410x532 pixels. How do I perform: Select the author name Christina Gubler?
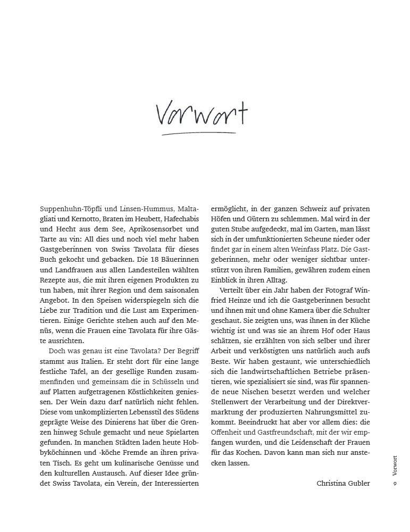[344, 483]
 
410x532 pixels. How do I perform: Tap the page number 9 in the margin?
[394, 483]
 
